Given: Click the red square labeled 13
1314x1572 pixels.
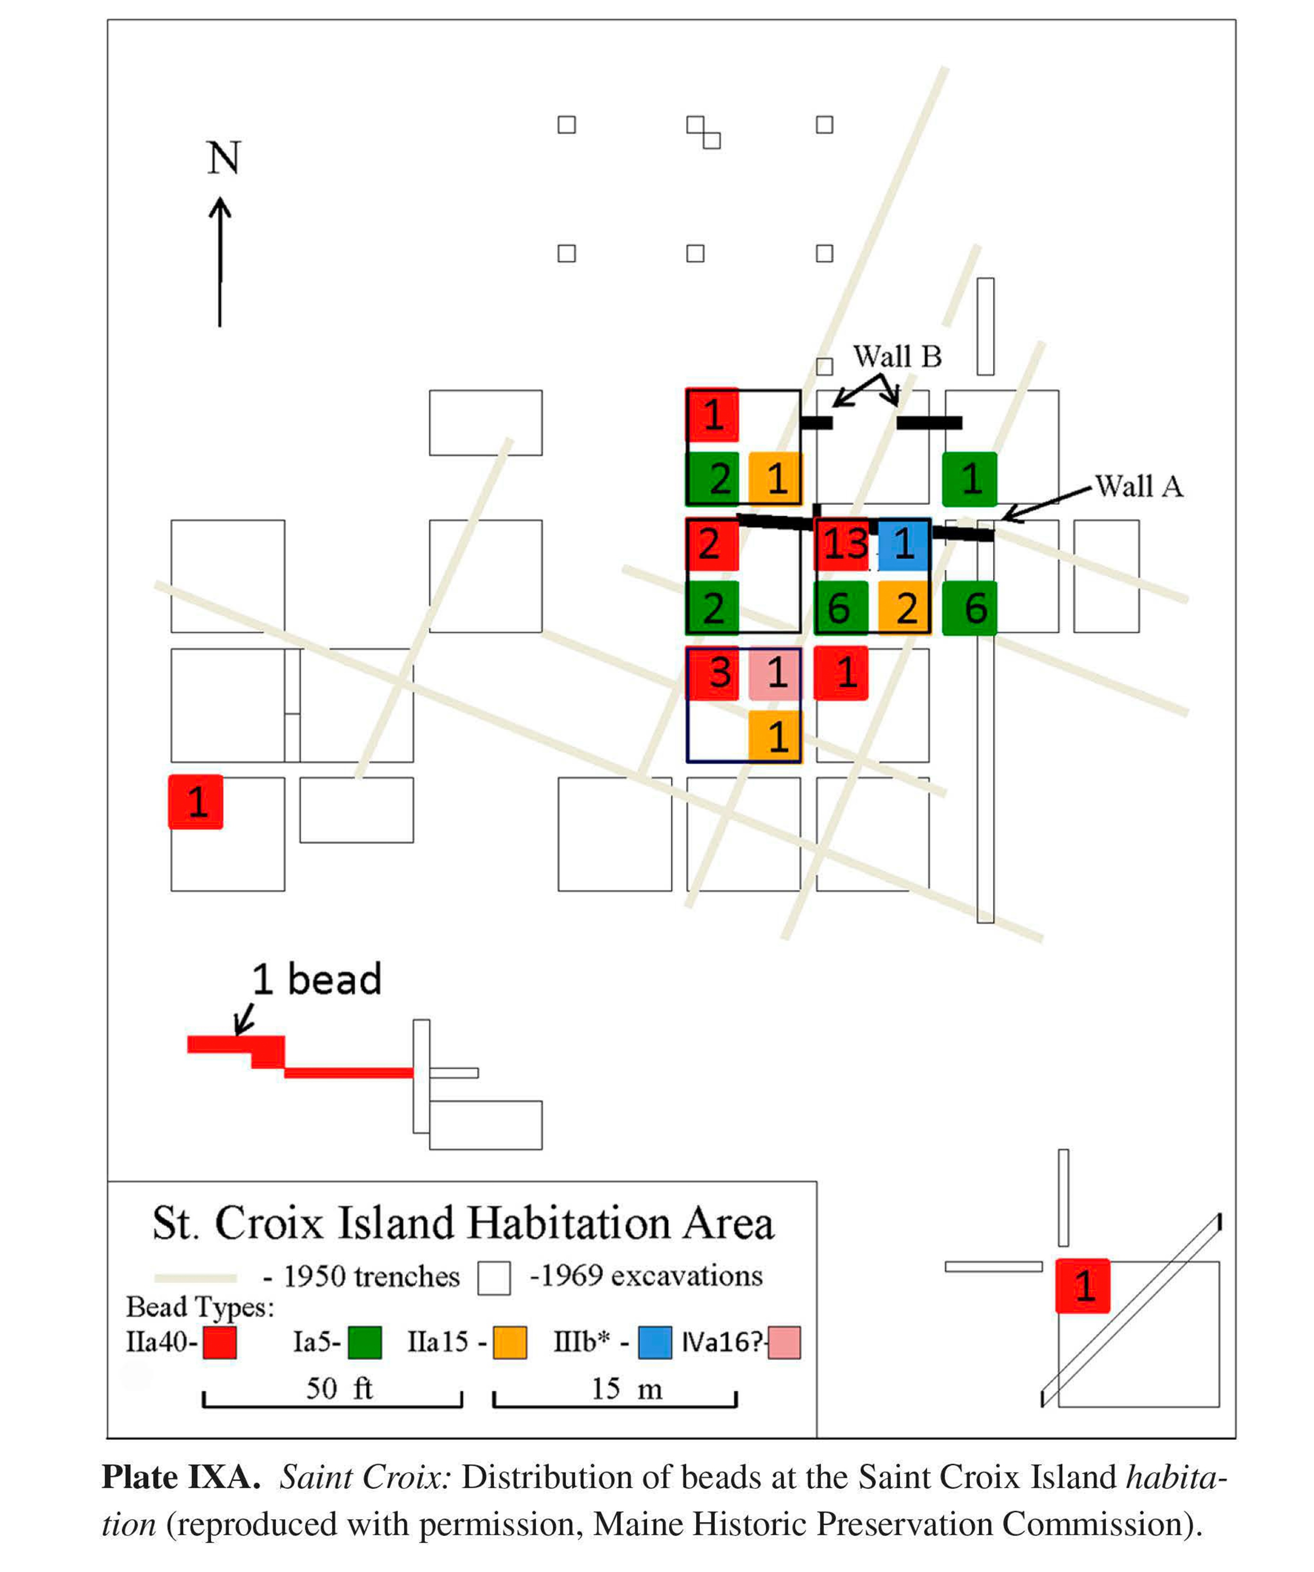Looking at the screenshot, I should point(843,544).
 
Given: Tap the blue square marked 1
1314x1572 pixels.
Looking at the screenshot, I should point(903,544).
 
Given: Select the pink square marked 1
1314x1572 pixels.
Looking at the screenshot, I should point(775,673).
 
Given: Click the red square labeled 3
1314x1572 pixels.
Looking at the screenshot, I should point(713,673).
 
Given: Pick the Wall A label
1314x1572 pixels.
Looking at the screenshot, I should point(1138,487).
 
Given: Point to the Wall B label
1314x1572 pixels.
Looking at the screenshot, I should point(897,357).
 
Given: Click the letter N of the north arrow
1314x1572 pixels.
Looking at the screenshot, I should point(223,159).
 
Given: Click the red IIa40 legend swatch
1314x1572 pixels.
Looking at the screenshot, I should point(219,1342).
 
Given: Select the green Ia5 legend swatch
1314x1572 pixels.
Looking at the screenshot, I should point(364,1342).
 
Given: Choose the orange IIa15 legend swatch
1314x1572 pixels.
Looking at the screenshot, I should point(510,1342).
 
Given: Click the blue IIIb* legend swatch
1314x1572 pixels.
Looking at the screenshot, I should point(655,1342).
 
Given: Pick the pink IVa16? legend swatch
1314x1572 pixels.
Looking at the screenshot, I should point(784,1342).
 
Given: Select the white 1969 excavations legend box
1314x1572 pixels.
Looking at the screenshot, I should point(495,1278).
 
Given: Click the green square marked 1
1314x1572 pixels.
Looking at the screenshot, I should point(970,479).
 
